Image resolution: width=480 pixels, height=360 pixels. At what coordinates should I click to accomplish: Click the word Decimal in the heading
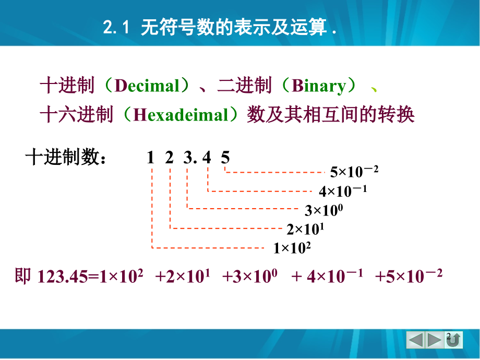tap(147, 86)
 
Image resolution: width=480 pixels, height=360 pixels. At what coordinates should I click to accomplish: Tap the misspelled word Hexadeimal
tap(181, 115)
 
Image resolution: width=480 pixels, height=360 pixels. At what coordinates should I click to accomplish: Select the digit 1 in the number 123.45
tap(150, 158)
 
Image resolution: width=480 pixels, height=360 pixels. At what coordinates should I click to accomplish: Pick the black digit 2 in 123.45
tap(169, 158)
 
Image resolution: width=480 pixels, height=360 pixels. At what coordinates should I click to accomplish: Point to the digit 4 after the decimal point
tap(207, 158)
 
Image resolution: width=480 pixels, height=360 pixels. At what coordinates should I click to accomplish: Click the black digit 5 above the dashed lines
tap(225, 158)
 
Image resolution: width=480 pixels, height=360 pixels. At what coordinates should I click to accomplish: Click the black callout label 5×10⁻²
tap(354, 172)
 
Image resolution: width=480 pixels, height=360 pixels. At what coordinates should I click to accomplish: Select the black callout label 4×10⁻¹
tap(343, 191)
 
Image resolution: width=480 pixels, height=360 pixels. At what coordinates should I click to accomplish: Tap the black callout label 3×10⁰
tap(324, 210)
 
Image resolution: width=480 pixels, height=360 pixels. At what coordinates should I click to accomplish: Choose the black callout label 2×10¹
tap(305, 229)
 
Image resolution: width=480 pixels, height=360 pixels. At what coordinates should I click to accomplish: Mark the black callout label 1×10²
tap(292, 248)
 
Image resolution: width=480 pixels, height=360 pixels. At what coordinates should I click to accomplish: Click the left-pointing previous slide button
tap(416, 340)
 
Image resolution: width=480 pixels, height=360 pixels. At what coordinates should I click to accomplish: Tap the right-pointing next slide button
tap(435, 340)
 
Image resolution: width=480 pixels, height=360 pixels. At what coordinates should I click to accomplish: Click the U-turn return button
tap(453, 340)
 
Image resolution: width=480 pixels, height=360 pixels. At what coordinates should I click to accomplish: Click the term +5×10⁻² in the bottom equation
tap(409, 276)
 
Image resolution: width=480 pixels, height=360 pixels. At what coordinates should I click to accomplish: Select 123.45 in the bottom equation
tap(63, 277)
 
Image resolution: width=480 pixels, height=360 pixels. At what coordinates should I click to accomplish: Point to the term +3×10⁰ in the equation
tap(250, 276)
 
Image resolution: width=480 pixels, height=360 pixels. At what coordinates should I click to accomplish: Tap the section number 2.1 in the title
tap(116, 27)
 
